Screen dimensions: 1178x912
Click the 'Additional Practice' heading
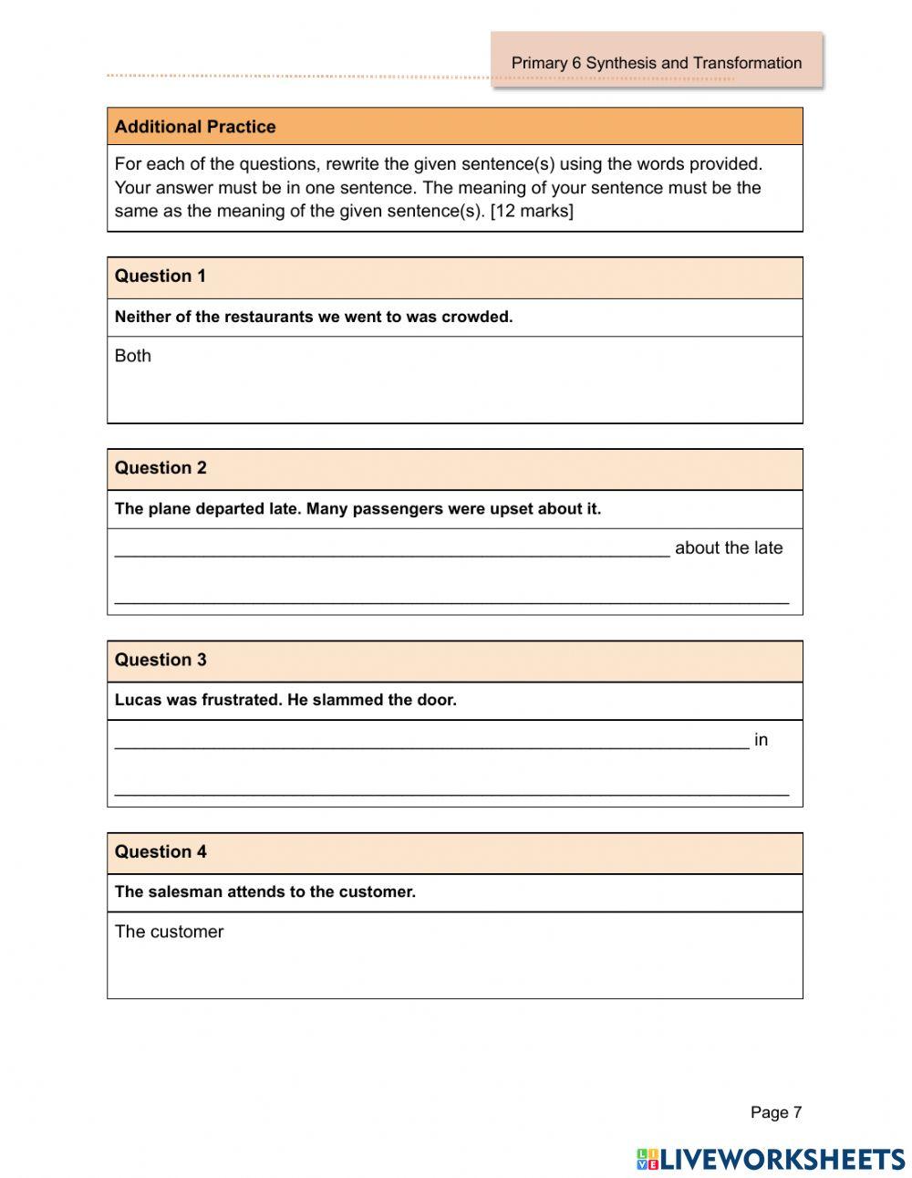195,127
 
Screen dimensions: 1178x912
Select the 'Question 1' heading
161,276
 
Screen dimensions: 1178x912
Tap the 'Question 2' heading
161,468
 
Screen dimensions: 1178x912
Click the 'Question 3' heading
161,660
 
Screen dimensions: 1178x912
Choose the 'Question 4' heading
161,851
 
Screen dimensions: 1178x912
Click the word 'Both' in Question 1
133,356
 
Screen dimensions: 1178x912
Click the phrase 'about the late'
729,547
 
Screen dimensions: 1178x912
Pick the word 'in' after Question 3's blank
761,740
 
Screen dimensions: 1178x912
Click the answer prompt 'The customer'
169,932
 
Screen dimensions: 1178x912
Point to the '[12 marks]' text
532,212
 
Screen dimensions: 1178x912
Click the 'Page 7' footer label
775,1112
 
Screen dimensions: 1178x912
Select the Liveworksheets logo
771,1159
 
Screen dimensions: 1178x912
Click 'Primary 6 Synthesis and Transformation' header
656,63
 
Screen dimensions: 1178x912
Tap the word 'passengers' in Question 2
397,509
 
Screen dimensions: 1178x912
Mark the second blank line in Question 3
451,792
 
